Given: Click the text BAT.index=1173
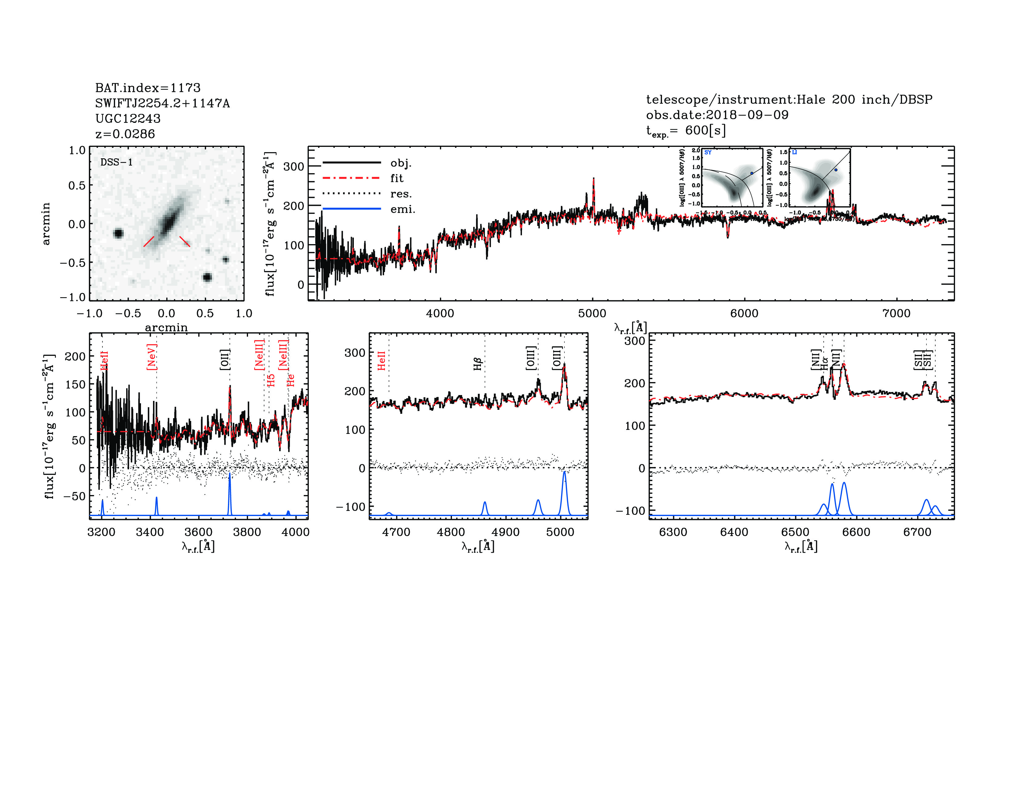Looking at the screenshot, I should [148, 88].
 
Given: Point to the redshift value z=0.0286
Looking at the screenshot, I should [125, 134].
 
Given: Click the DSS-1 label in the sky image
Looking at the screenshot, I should [117, 162].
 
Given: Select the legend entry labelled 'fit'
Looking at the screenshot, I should [397, 178].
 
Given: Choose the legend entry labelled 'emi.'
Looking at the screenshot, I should [402, 209].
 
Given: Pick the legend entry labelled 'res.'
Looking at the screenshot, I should [401, 194].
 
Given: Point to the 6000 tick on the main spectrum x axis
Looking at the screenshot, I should [744, 313].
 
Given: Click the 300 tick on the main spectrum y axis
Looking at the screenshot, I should [294, 166].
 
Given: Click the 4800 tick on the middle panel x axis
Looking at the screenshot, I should [451, 532].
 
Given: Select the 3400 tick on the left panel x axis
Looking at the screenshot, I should [150, 532].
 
